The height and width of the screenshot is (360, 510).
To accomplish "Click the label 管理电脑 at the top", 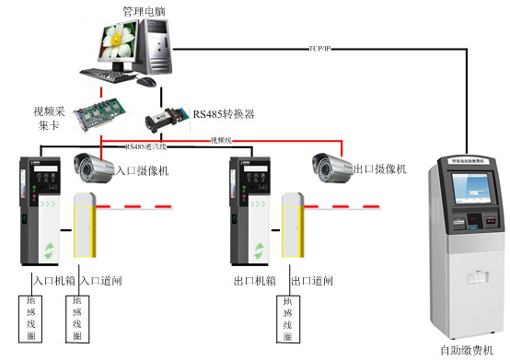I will (x=145, y=11).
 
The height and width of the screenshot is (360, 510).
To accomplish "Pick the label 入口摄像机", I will (x=142, y=171).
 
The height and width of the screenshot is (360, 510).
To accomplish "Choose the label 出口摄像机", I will (x=379, y=169).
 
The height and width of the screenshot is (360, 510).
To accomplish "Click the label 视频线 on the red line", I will (x=223, y=140).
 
